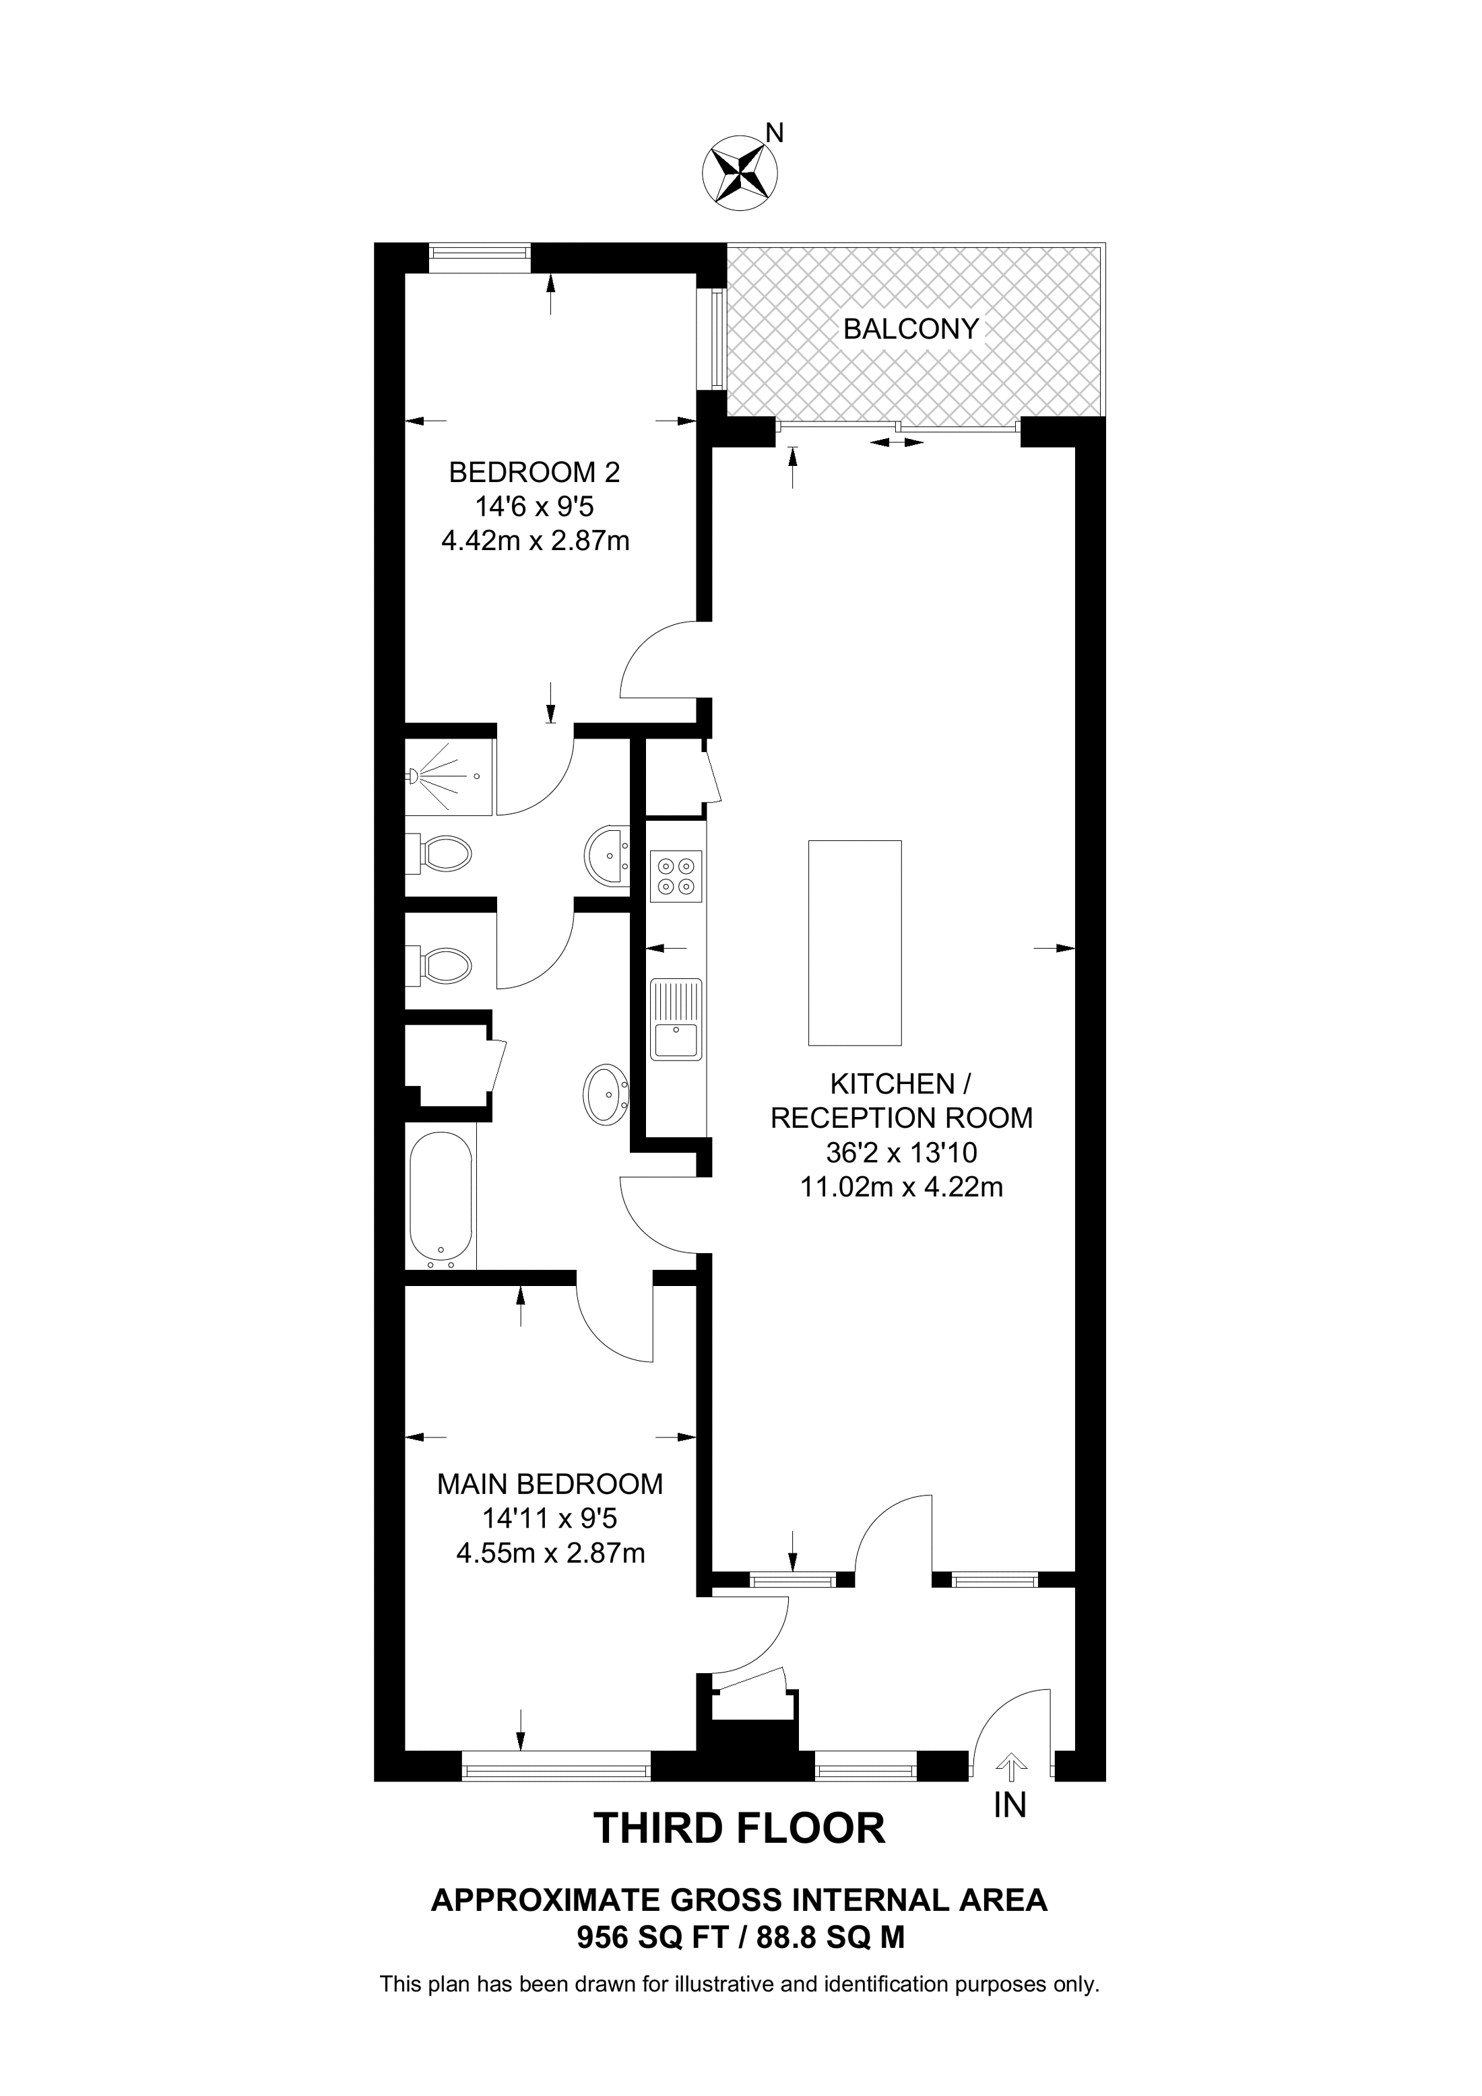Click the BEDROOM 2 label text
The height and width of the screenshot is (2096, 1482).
534,472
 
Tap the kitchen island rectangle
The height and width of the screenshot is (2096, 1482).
855,942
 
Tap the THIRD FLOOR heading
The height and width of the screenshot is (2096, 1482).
740,1829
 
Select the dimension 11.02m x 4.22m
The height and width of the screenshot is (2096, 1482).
901,1187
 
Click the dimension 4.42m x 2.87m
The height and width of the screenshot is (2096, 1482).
535,541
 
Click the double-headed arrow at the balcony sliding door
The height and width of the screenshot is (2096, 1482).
895,443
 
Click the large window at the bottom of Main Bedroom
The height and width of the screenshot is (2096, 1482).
557,1765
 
